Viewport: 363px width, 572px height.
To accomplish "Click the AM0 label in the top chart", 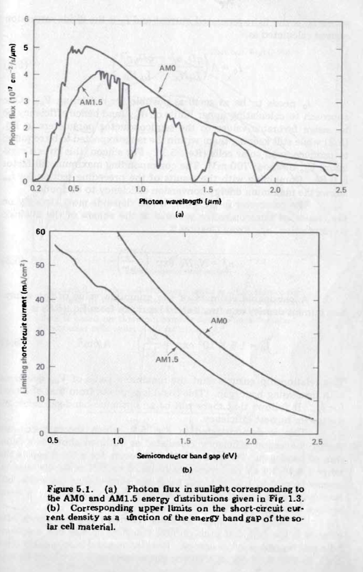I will pos(168,69).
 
